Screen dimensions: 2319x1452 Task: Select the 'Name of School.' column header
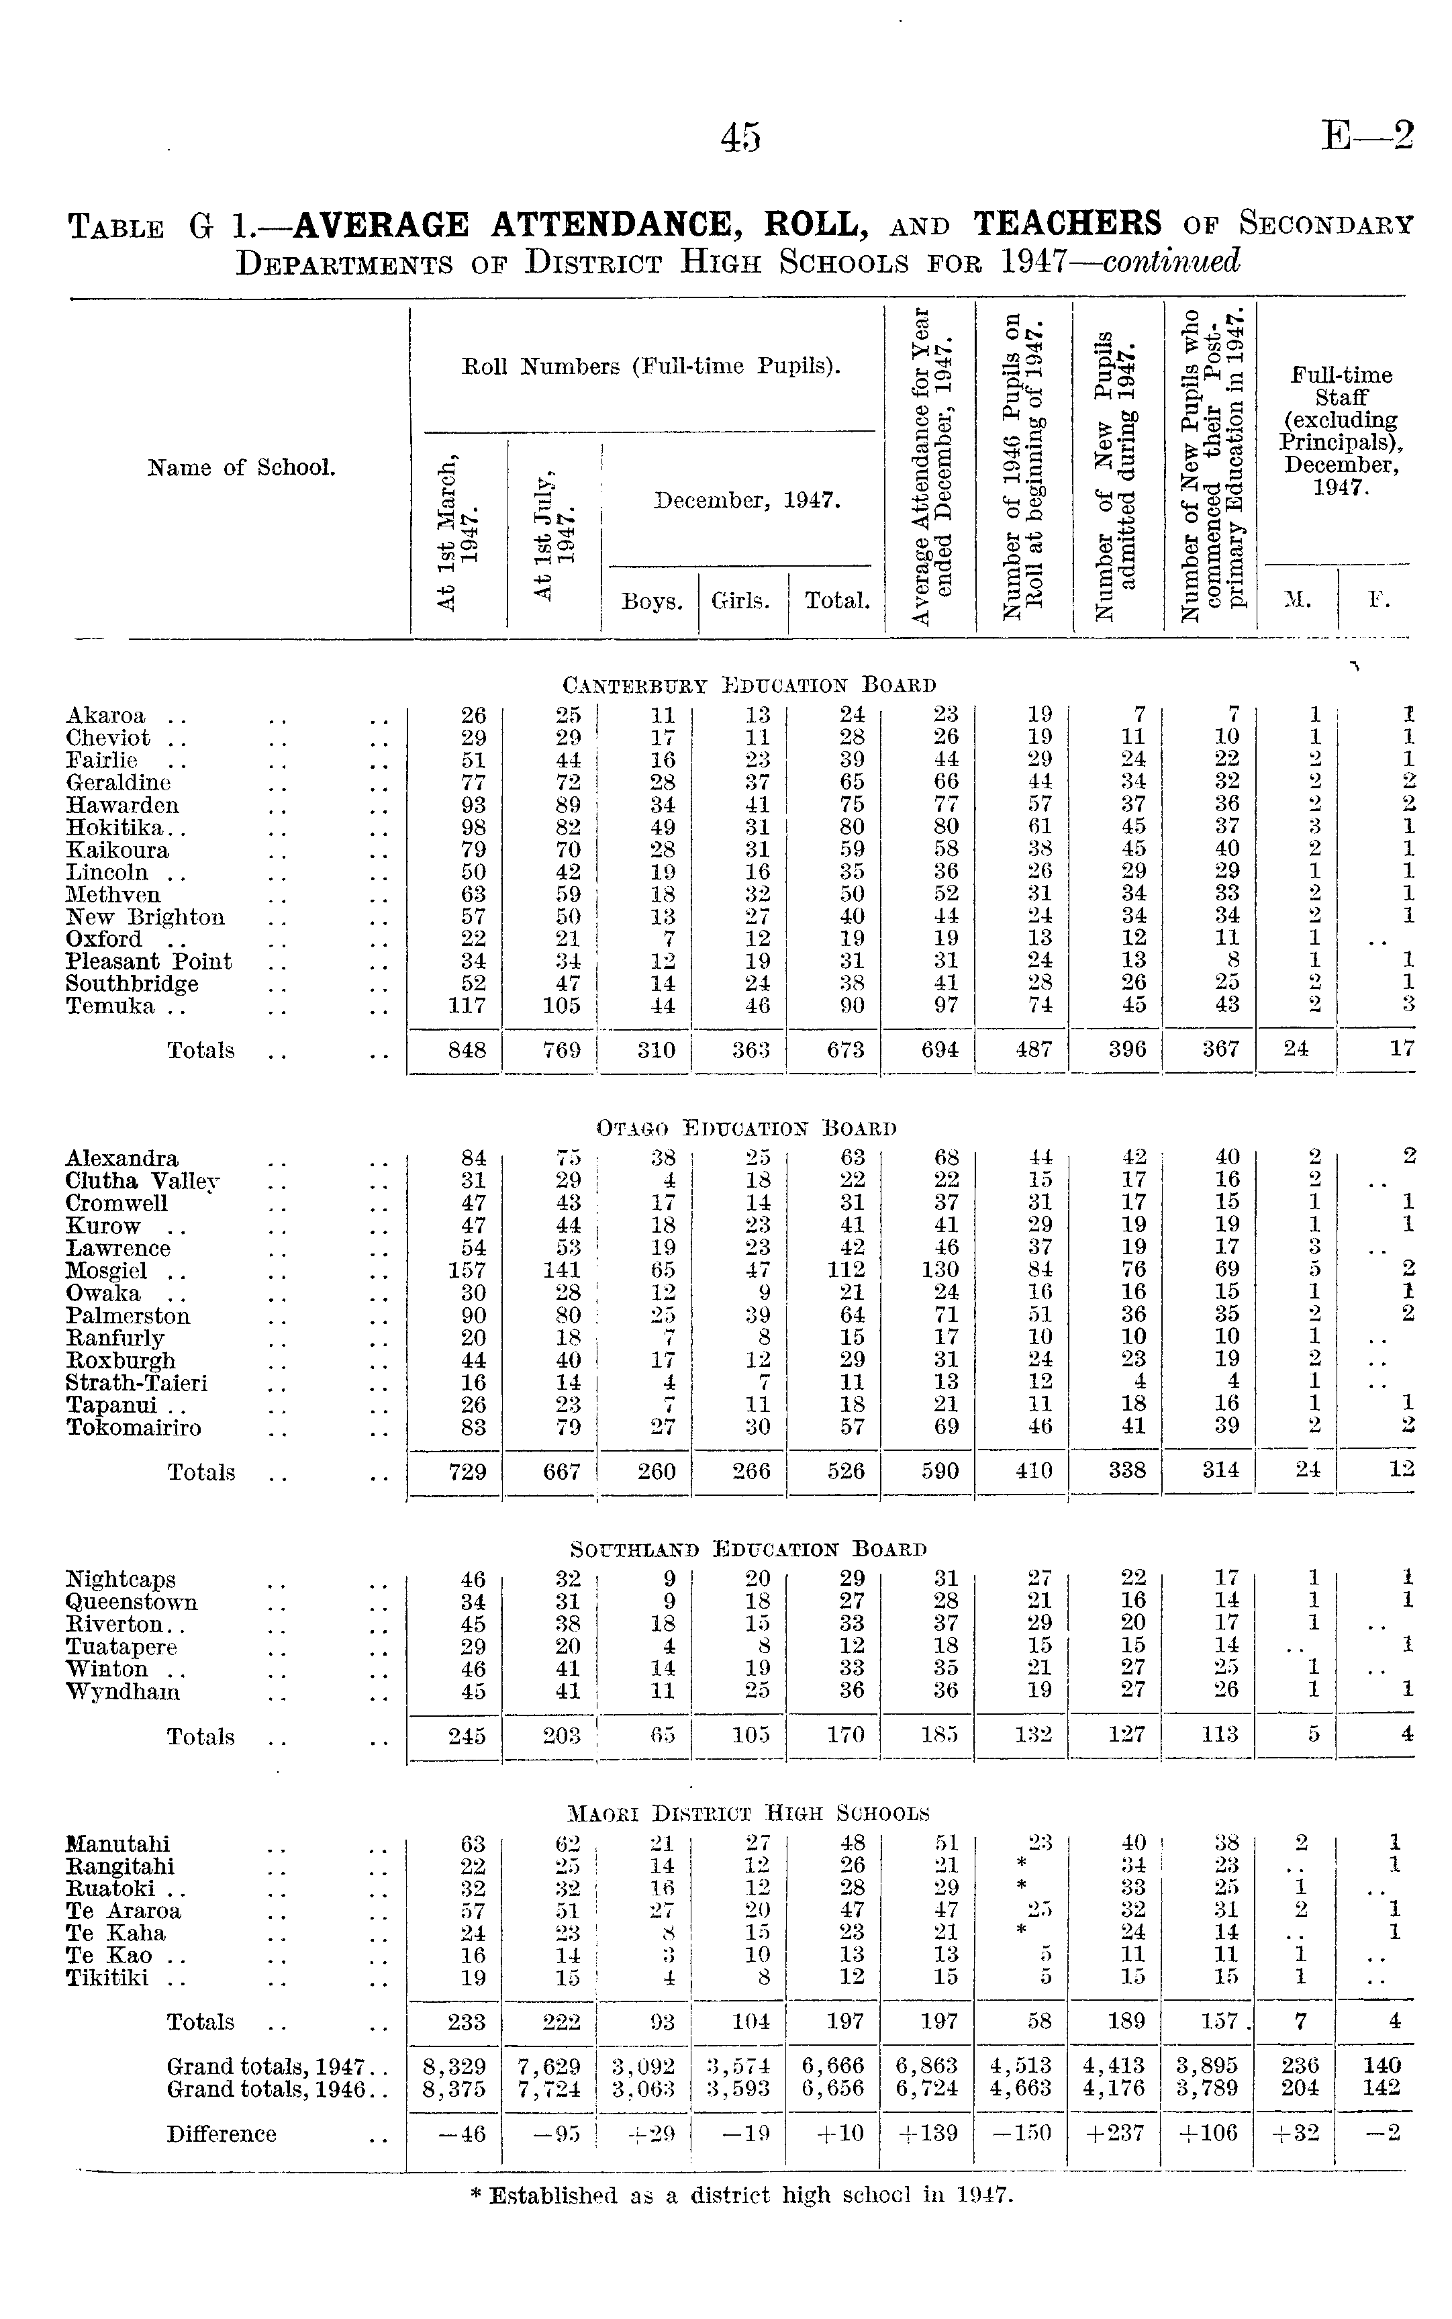(x=241, y=468)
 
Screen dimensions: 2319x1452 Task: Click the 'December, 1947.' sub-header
(x=748, y=500)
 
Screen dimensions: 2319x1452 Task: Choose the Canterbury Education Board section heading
(x=749, y=685)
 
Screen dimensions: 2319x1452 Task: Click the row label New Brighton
(x=145, y=917)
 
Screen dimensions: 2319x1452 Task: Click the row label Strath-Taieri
(x=136, y=1383)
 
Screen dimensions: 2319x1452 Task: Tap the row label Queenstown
(x=132, y=1603)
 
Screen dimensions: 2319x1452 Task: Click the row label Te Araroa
(x=123, y=1911)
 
